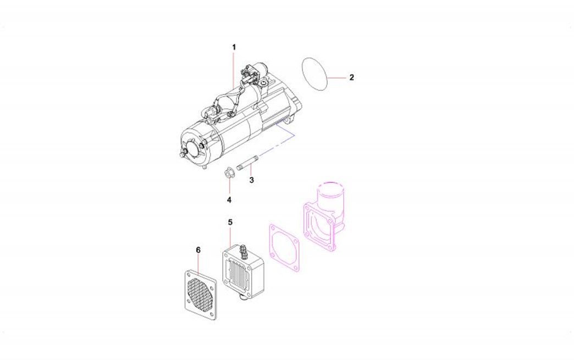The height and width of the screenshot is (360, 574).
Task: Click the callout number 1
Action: tap(234, 47)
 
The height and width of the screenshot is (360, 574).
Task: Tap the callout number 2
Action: tap(352, 77)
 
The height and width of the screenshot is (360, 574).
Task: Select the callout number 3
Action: tap(251, 180)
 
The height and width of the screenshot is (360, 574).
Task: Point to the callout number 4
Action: tap(229, 200)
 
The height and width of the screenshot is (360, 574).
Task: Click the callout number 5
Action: tap(230, 222)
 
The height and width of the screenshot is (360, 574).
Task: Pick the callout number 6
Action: tap(198, 250)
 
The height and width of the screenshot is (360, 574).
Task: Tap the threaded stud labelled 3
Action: tap(248, 163)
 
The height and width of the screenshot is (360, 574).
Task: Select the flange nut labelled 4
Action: tap(229, 173)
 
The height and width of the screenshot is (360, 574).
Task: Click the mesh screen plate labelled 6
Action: tap(200, 295)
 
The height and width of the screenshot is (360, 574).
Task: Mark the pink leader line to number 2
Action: tap(336, 78)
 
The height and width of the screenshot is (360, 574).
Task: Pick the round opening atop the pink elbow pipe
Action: tap(332, 186)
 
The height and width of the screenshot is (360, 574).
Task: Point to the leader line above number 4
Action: tap(229, 186)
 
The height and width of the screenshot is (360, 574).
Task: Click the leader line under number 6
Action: tap(198, 265)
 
